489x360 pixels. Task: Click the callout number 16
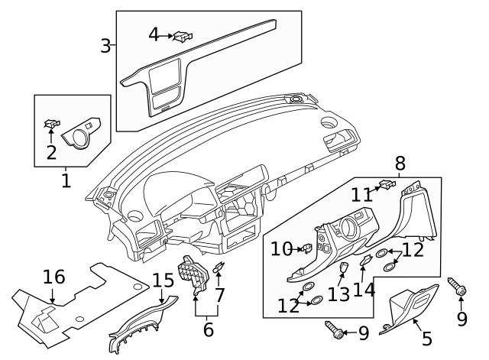tap(53, 276)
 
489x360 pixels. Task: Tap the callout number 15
tap(163, 280)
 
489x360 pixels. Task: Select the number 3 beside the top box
tap(106, 46)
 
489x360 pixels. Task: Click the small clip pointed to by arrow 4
tap(183, 35)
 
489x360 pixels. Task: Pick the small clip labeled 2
tap(52, 122)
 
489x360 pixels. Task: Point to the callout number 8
tap(400, 163)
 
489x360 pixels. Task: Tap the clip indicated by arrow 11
tap(387, 183)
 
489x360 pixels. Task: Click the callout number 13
tap(338, 293)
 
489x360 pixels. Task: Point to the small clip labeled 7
tap(219, 268)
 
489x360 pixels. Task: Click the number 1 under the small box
tap(66, 180)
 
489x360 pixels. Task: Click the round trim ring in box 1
tap(79, 134)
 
